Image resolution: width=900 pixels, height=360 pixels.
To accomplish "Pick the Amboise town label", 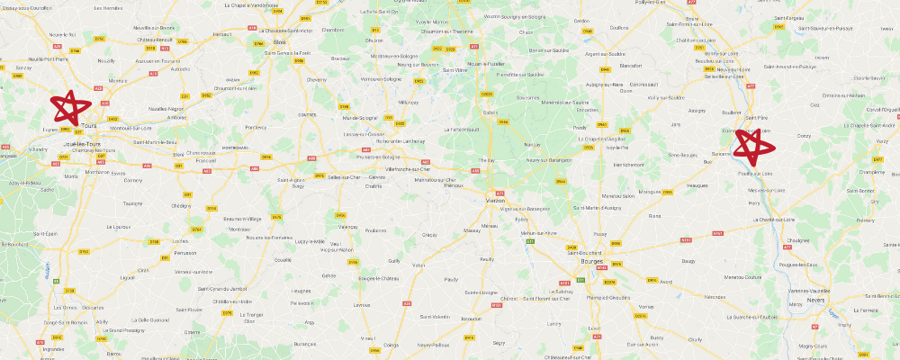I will (176, 117).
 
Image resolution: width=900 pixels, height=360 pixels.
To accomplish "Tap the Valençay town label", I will (347, 228).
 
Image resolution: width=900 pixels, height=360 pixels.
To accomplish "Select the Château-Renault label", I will (157, 40).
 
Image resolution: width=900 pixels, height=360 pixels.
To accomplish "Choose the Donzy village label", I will (804, 136).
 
